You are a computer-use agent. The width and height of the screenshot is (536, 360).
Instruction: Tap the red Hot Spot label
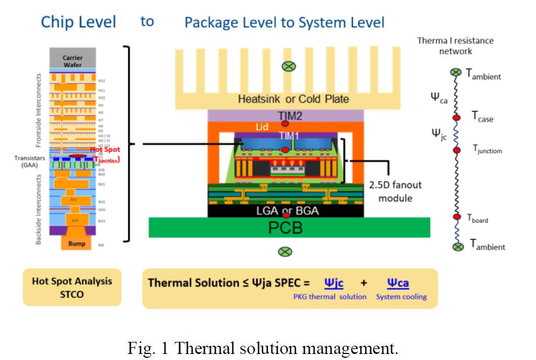point(105,149)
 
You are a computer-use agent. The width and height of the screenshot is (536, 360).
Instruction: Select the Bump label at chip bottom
point(76,243)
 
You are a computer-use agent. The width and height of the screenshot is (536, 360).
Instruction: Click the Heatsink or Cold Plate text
point(285,99)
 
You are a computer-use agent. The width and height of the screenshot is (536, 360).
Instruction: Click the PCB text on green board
point(285,228)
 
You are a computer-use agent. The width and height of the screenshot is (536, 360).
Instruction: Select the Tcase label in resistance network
point(482,117)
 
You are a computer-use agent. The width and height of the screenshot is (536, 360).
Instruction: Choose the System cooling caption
point(401,297)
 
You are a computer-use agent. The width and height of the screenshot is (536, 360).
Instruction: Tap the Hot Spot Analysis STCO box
point(72,287)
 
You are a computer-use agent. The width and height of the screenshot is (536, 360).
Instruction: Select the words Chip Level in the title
point(79,22)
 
